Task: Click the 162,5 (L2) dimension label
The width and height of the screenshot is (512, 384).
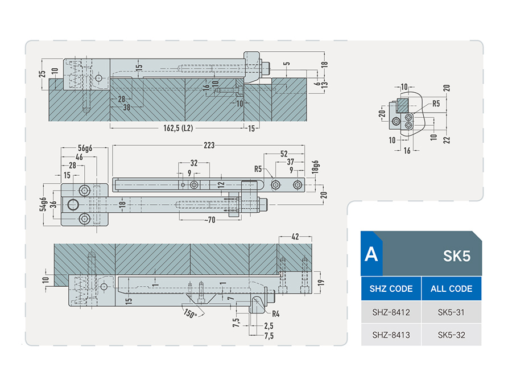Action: click(x=178, y=128)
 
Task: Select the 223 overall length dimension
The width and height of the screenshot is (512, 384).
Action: click(x=209, y=145)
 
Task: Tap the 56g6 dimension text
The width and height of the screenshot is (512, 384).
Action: click(x=85, y=148)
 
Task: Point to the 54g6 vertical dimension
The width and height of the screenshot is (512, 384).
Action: click(x=43, y=204)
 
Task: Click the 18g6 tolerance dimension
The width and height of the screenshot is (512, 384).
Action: click(x=315, y=167)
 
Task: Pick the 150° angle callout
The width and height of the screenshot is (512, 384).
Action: click(x=190, y=313)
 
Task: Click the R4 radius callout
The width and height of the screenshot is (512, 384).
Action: click(x=275, y=314)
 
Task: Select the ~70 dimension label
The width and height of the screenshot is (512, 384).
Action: click(x=209, y=220)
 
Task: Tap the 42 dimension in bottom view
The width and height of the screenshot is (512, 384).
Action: click(x=295, y=237)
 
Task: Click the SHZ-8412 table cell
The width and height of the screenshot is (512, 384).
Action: click(x=391, y=312)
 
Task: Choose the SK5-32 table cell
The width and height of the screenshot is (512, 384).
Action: click(x=451, y=335)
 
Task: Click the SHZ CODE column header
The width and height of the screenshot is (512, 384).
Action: click(x=391, y=288)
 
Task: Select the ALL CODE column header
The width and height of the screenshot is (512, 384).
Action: click(x=451, y=288)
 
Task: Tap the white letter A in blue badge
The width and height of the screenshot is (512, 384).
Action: click(x=371, y=254)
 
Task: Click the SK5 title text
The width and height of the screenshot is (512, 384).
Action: click(x=456, y=256)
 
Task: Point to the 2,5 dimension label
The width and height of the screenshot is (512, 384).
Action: click(x=269, y=325)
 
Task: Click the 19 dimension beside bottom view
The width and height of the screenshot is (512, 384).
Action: click(x=321, y=282)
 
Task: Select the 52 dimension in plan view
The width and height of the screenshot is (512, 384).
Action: click(x=284, y=154)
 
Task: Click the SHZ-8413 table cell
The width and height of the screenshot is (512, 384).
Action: click(x=391, y=335)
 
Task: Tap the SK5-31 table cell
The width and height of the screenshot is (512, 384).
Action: click(x=451, y=312)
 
